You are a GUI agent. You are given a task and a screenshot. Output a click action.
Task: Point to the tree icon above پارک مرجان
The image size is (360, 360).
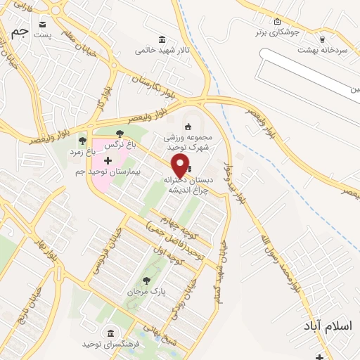coord(148,280)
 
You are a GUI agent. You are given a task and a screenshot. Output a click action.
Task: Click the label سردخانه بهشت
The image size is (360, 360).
coord(323,50)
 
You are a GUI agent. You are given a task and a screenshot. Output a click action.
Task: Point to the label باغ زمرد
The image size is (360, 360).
coord(86,152)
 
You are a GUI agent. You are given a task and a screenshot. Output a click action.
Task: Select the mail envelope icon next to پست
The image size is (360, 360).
coord(44,22)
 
